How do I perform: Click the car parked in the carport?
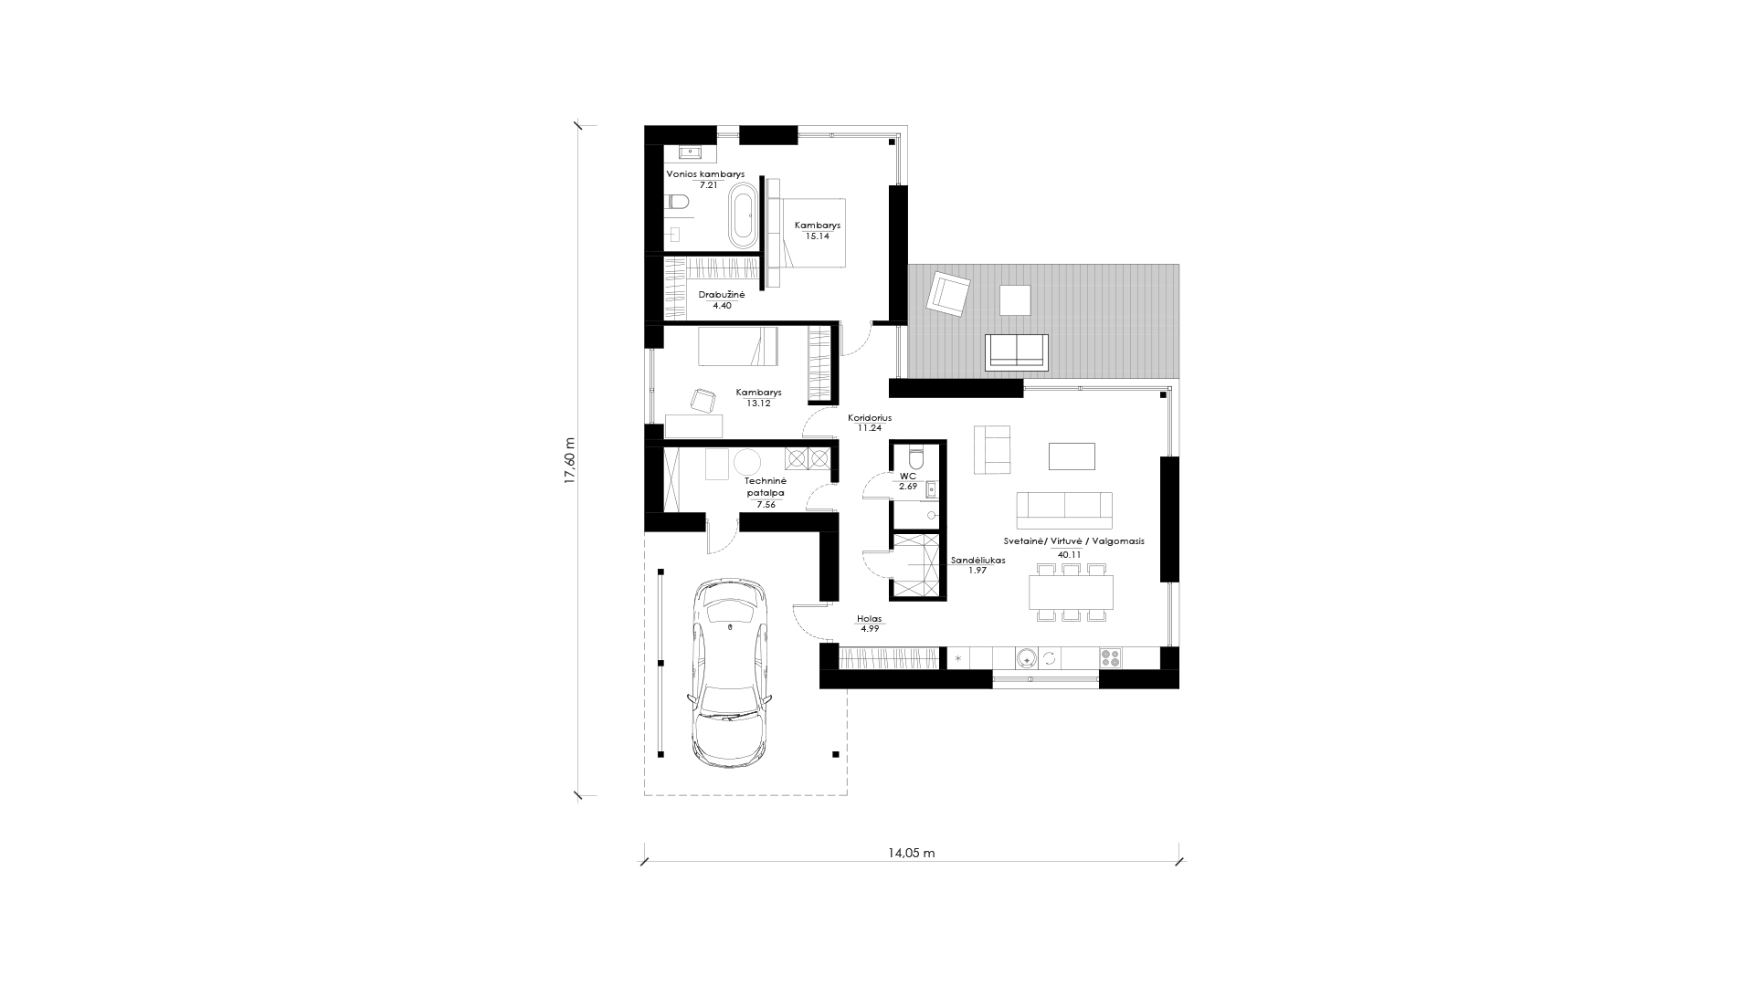point(730,672)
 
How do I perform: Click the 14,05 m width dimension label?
point(911,854)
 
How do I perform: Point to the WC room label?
point(907,477)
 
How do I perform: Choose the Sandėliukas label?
point(977,561)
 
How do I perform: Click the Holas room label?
point(869,618)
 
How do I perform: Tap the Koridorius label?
point(869,417)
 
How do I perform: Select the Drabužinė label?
point(722,295)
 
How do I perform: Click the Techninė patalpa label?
point(765,486)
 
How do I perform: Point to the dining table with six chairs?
point(1071,592)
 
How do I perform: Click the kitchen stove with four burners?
point(1110,656)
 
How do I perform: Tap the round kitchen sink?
point(1026,656)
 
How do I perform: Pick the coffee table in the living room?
point(1072,456)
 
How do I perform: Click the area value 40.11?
point(1069,554)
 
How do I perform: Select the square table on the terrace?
point(1015,300)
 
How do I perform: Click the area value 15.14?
point(818,236)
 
